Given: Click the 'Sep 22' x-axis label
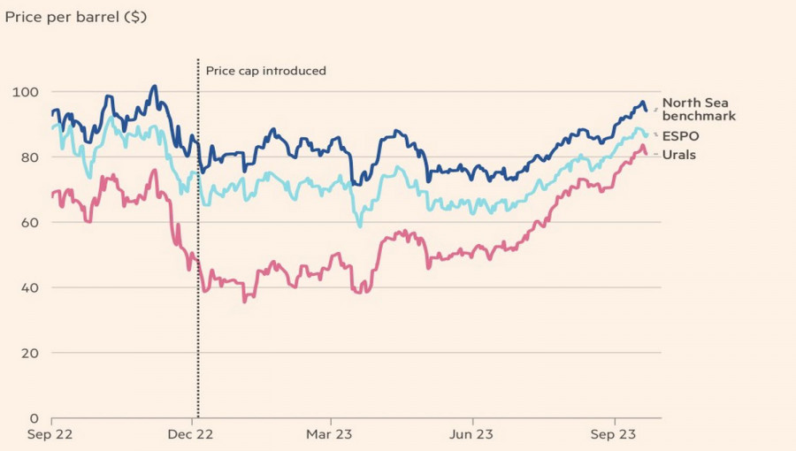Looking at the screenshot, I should tap(51, 435).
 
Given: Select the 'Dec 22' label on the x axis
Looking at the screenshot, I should tap(191, 435).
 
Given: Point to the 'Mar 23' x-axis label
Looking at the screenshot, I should tap(331, 435).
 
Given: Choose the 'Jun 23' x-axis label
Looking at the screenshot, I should tap(471, 435).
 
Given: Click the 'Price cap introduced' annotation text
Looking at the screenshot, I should tap(265, 71).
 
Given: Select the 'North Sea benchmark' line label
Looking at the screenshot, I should tap(698, 109).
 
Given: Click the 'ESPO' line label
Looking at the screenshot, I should tap(680, 136).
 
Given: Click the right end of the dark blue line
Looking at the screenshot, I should tap(647, 111).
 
